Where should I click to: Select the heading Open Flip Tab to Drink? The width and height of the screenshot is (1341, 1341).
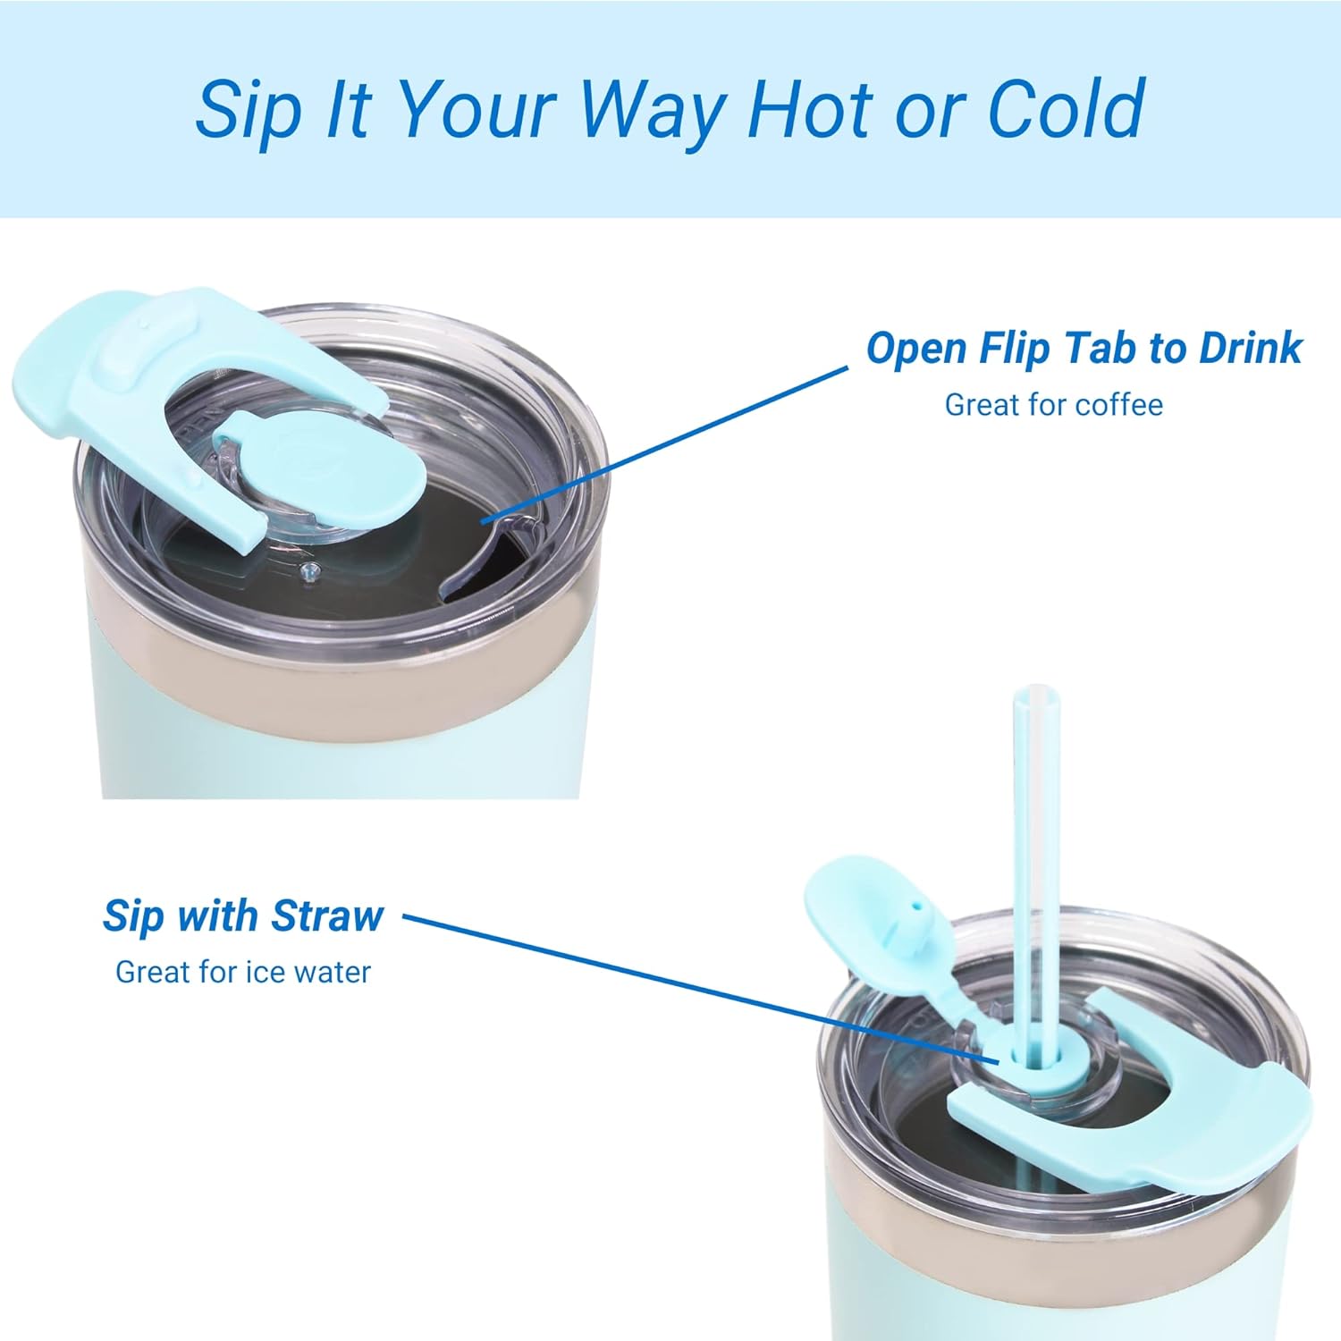1084,348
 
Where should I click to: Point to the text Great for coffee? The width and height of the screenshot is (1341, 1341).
1054,405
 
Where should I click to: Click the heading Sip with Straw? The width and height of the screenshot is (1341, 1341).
243,915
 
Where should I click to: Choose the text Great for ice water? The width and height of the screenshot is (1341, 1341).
243,972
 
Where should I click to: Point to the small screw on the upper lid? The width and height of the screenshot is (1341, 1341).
309,572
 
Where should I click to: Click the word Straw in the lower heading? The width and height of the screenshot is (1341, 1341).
327,915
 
